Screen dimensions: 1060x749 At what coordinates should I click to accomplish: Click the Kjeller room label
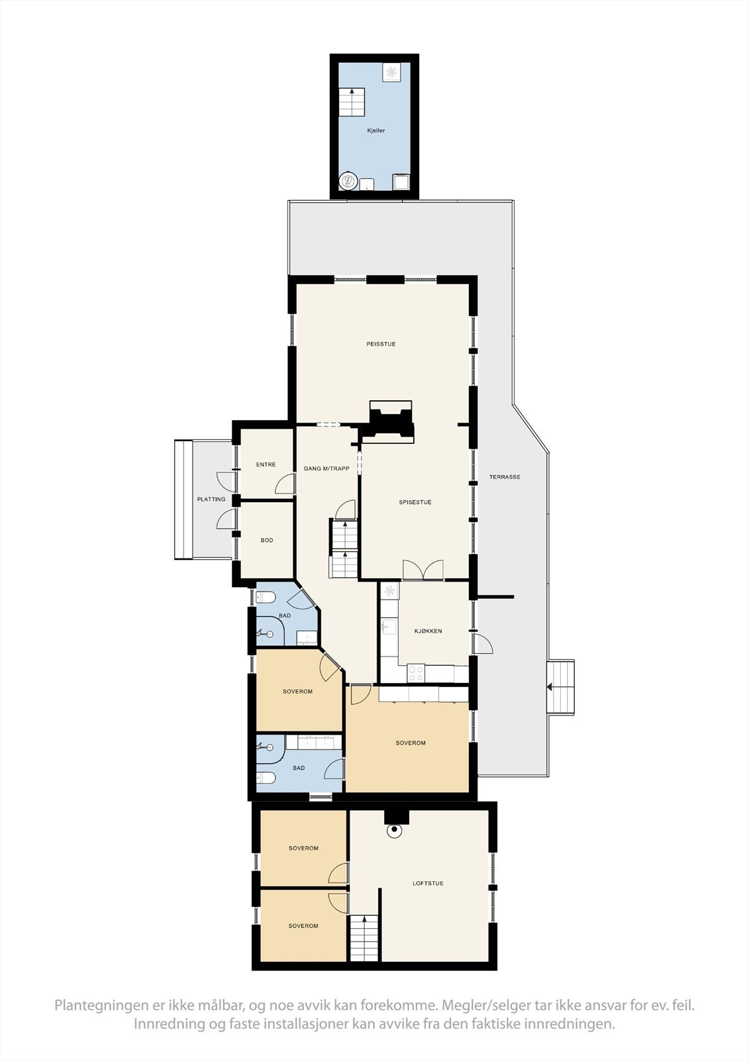[375, 131]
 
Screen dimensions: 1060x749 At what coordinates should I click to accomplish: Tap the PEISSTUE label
[381, 344]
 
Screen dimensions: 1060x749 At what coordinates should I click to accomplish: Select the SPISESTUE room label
[415, 502]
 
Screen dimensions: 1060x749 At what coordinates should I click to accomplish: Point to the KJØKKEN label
[428, 631]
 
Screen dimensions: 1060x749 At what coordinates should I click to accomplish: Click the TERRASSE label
[505, 477]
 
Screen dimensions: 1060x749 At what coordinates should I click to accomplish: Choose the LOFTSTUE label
[428, 883]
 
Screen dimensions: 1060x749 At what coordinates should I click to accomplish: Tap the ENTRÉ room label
[266, 465]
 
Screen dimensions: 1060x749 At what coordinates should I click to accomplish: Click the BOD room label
[267, 541]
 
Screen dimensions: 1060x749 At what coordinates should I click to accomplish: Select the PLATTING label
[211, 500]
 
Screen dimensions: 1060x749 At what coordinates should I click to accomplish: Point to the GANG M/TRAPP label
[326, 468]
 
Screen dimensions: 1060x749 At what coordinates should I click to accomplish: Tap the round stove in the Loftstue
[395, 830]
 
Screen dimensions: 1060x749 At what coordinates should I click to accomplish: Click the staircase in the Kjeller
[352, 102]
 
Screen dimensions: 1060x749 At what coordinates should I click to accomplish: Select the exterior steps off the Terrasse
[561, 686]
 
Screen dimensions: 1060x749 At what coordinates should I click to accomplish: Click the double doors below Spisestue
[423, 570]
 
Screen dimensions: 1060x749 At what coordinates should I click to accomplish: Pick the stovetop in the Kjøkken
[416, 673]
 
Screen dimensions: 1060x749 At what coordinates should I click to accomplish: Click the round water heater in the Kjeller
[348, 181]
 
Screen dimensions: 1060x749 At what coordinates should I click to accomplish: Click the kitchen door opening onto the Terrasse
[482, 643]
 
